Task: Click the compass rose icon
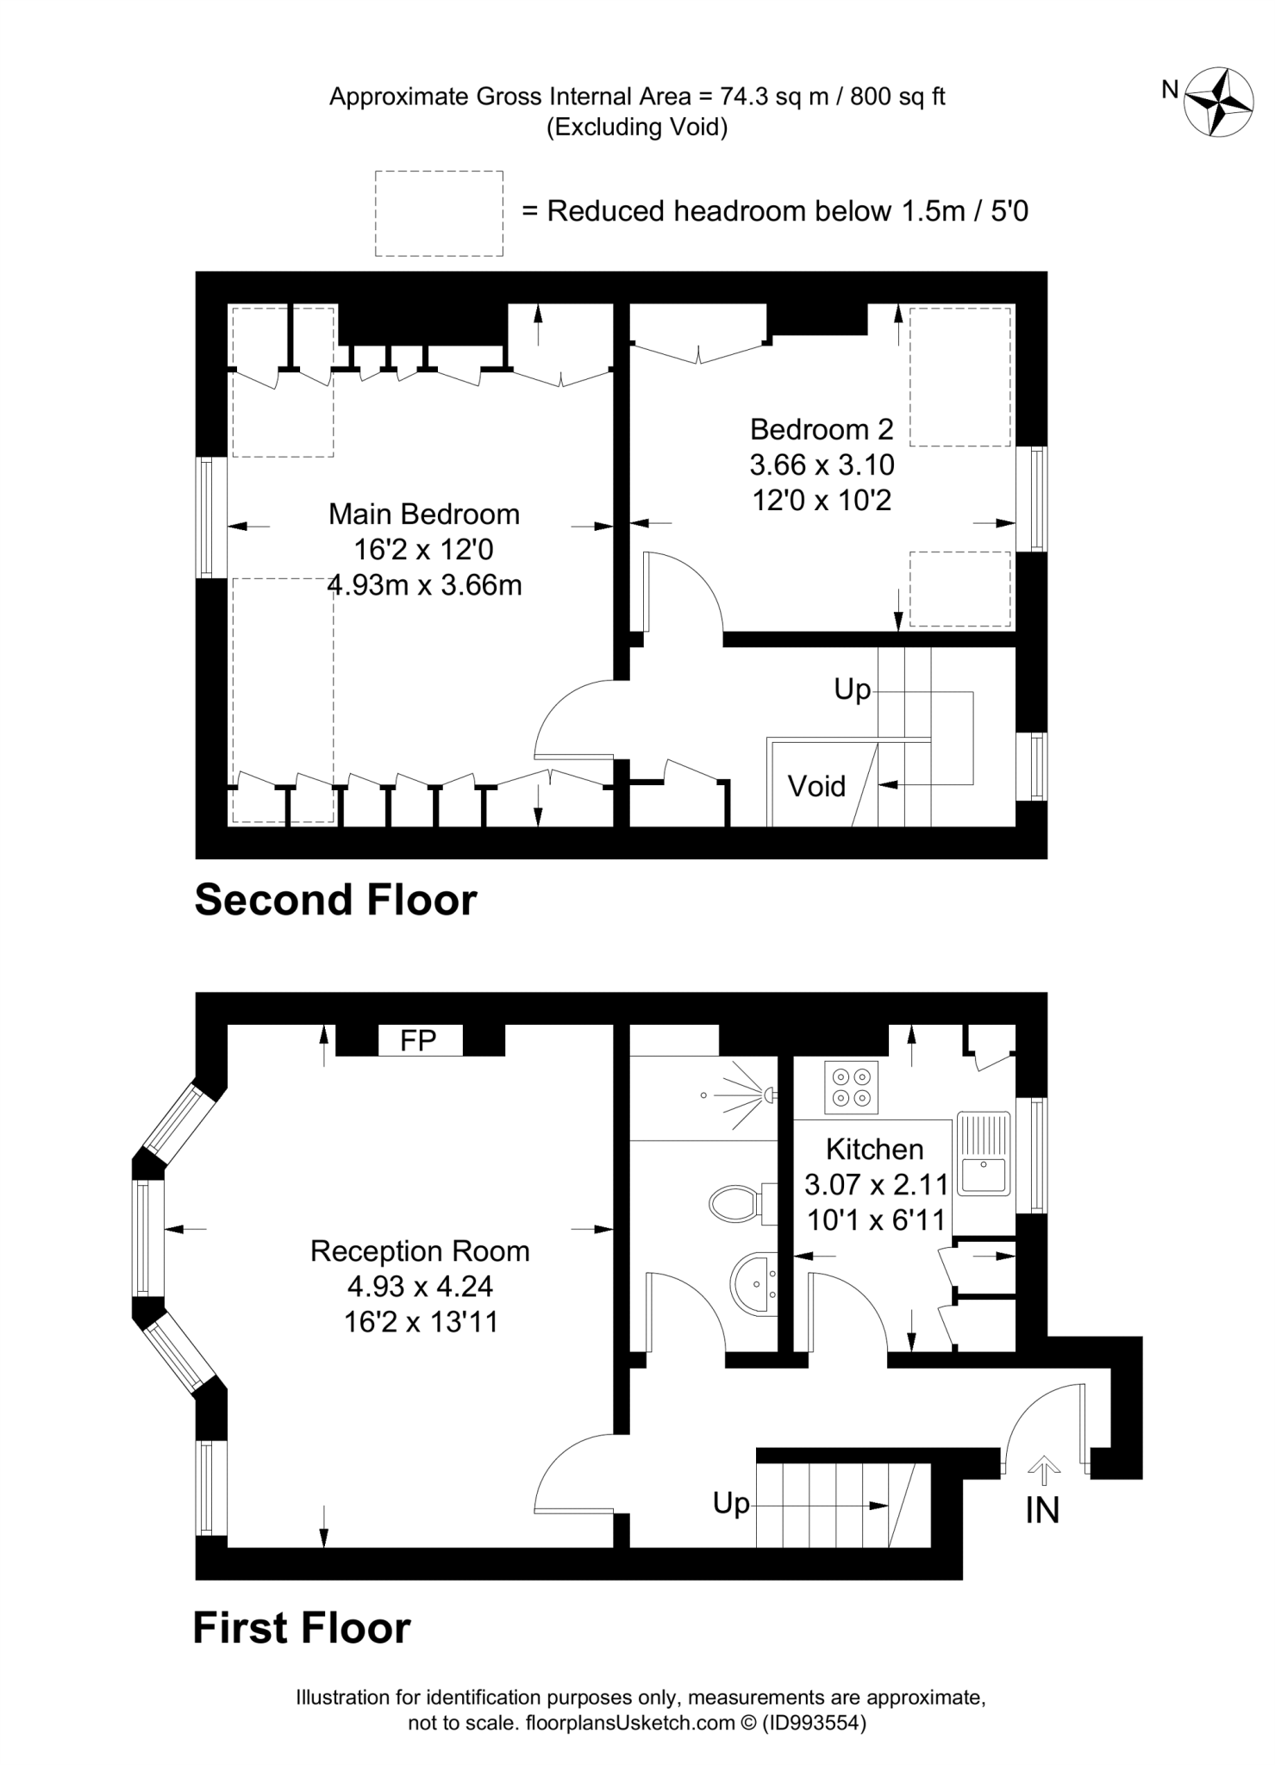tap(1218, 102)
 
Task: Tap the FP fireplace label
tap(418, 1040)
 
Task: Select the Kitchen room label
tap(874, 1149)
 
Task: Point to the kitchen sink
tap(984, 1154)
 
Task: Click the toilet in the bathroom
tap(738, 1202)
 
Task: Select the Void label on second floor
tap(816, 786)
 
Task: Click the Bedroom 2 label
tap(822, 429)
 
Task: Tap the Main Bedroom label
tap(424, 515)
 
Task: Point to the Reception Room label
tap(420, 1250)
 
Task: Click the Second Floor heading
tap(335, 900)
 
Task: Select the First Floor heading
tap(302, 1629)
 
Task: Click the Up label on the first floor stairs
tap(731, 1503)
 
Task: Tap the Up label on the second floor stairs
tap(852, 689)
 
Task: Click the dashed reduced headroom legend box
tap(439, 213)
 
